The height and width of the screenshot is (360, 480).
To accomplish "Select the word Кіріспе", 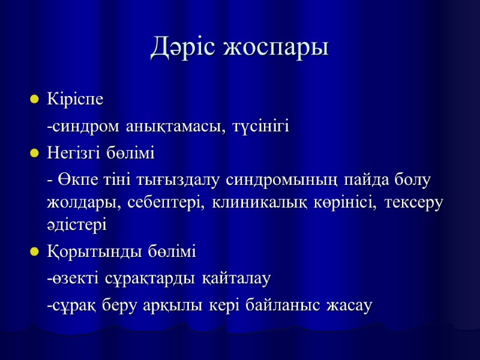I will (75, 100).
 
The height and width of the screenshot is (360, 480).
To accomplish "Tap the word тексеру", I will (414, 203).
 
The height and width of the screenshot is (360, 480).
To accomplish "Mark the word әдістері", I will (76, 226).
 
